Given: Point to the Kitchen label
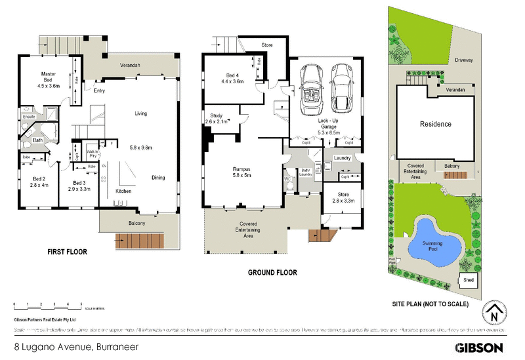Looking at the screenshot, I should coord(125,190).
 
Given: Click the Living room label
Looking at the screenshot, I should coord(140,113).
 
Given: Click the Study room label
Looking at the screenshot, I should coord(216,118).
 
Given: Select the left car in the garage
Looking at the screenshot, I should coord(308,89).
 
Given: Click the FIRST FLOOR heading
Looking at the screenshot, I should coord(67,251).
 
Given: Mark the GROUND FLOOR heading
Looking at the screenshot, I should coord(272,272).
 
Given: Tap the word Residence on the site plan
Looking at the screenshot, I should coord(435,124).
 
